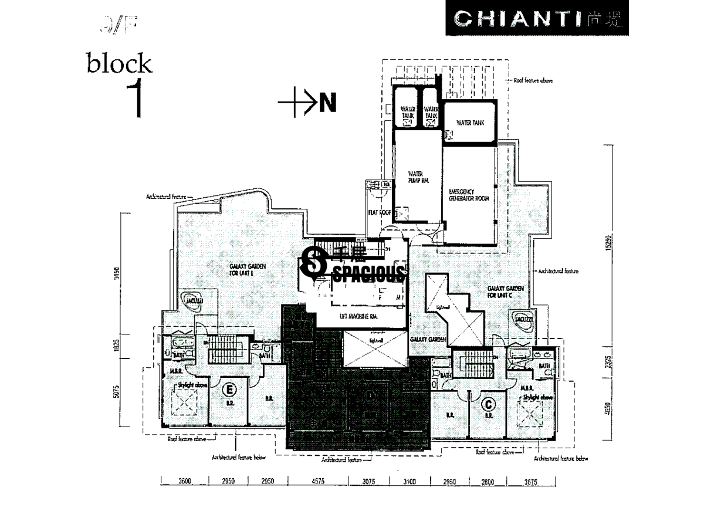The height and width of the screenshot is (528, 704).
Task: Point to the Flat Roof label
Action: click(x=376, y=213)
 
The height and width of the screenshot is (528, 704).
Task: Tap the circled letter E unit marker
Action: click(x=229, y=389)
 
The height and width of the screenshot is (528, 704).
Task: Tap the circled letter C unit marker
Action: click(x=488, y=404)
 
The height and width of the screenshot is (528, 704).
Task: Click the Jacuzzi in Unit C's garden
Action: click(x=524, y=318)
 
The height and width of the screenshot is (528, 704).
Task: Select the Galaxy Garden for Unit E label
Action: click(x=248, y=269)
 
